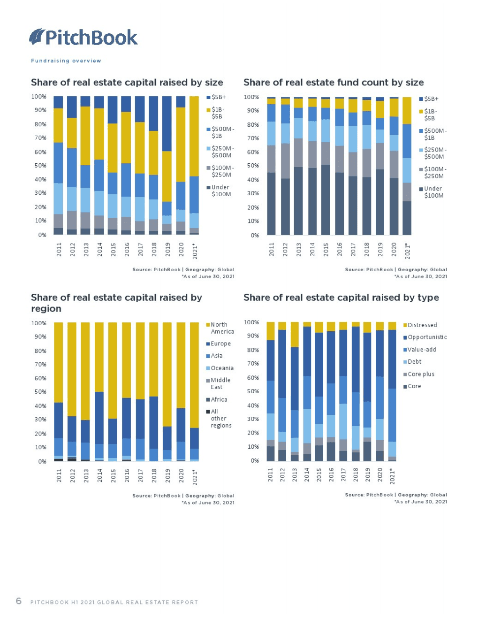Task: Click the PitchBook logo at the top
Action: tap(83, 37)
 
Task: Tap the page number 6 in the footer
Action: tap(19, 601)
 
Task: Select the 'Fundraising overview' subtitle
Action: tap(66, 61)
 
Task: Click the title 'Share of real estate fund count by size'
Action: tap(333, 83)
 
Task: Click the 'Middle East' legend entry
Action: tap(219, 383)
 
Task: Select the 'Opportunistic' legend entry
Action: tap(425, 337)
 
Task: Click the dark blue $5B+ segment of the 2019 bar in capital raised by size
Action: tap(167, 124)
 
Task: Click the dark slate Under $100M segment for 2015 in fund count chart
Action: tap(326, 199)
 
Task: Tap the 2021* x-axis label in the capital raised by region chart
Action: tap(195, 477)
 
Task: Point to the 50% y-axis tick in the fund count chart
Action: tap(253, 166)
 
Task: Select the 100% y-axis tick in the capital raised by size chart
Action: tap(39, 97)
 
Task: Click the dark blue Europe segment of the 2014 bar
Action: tap(99, 418)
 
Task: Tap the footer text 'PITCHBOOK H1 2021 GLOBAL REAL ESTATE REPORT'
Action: tap(114, 602)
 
